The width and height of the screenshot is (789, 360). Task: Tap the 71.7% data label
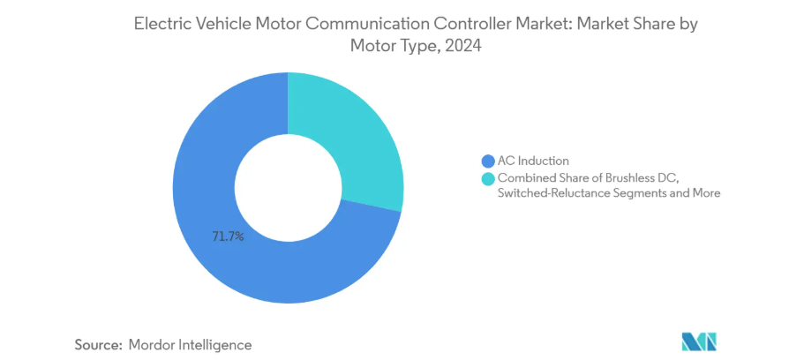pyautogui.click(x=227, y=236)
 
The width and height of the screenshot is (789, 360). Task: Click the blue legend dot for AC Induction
pyautogui.click(x=486, y=161)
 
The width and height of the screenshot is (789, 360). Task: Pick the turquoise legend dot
pyautogui.click(x=486, y=179)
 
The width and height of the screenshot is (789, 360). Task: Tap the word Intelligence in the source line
pyautogui.click(x=216, y=345)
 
